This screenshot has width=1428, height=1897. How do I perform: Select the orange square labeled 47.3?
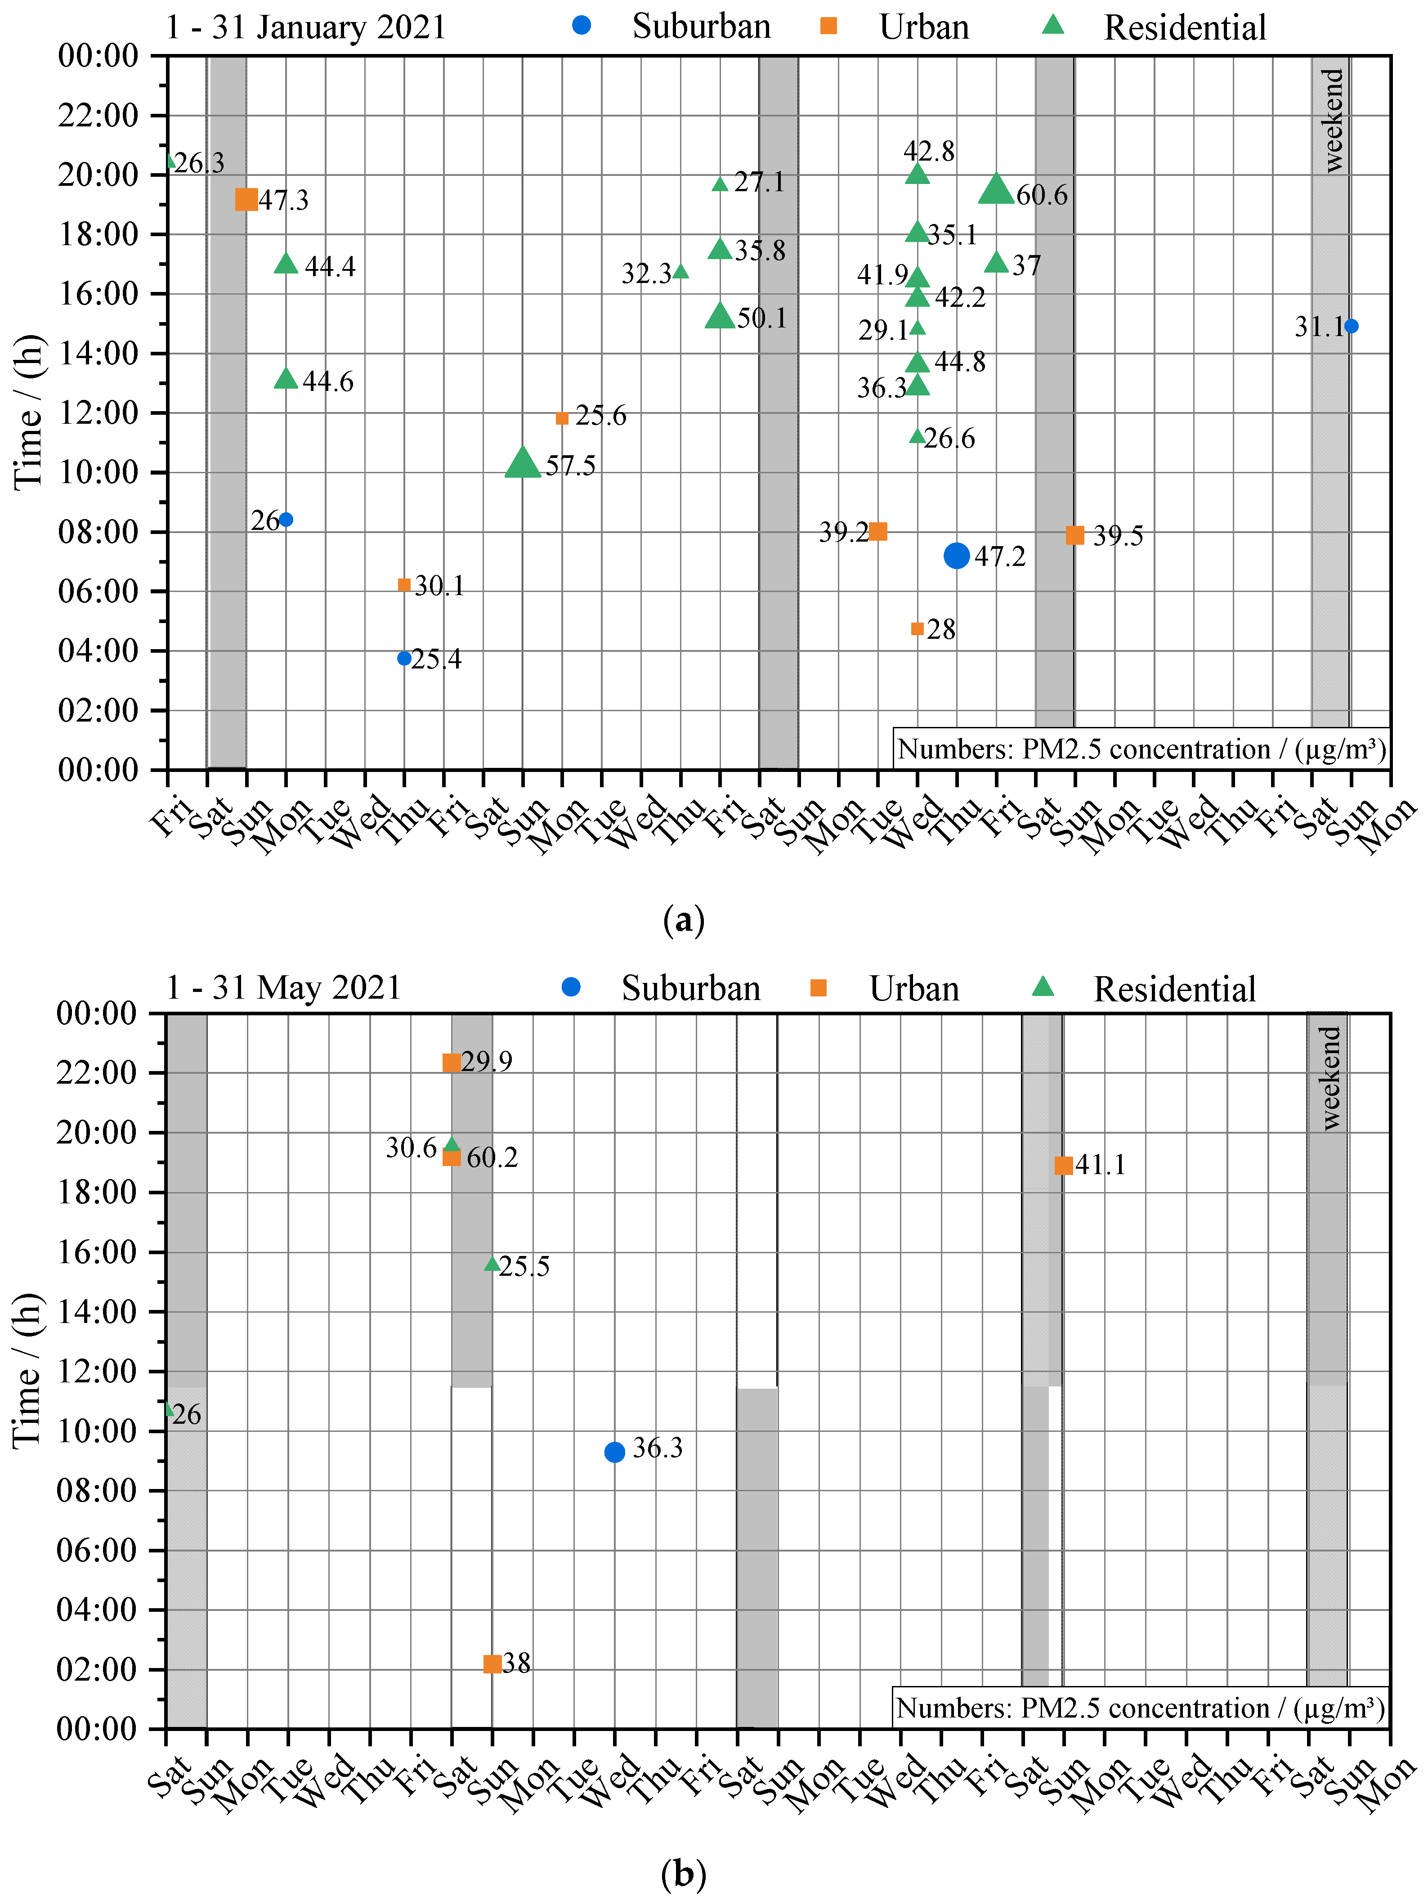246,200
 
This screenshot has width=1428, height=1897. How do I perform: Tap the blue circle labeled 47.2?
956,556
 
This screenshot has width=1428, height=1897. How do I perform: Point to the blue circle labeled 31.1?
1351,326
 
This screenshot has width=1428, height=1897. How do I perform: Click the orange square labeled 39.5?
1074,535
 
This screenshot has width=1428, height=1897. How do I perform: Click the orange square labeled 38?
492,1664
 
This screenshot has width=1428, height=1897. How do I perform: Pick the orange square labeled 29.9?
451,1063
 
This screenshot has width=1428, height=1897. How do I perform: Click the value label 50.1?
761,318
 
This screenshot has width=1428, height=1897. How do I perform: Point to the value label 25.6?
600,416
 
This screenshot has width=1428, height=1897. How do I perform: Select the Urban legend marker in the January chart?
828,26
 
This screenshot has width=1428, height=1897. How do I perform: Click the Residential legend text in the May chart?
1174,989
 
